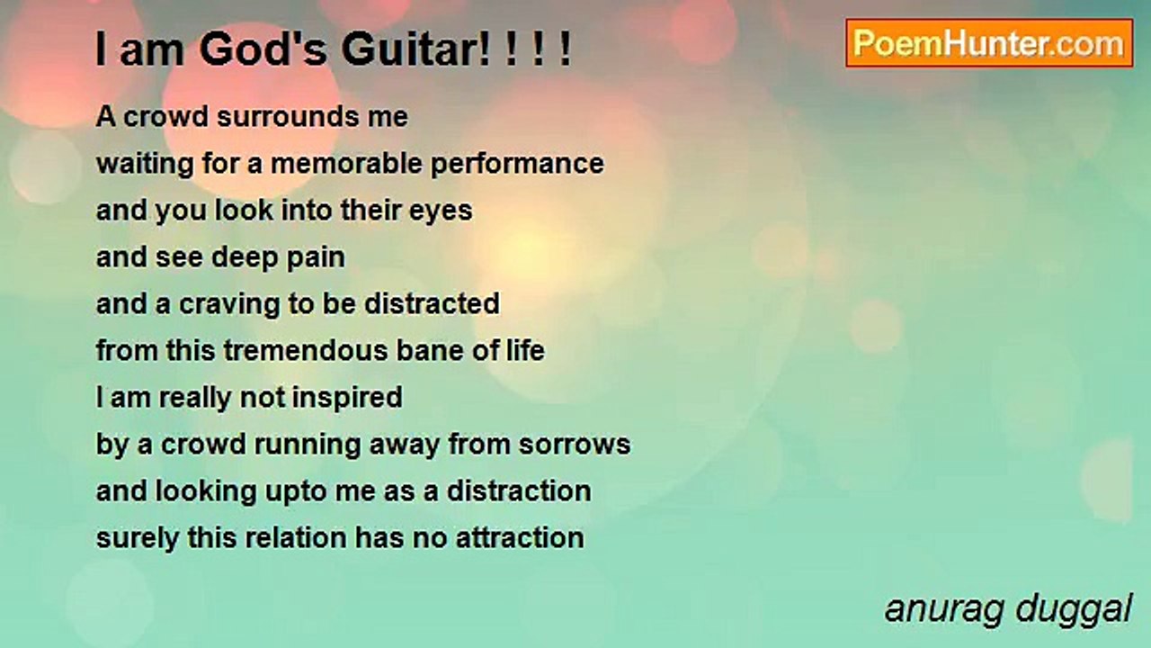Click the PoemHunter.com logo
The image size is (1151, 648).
(x=989, y=43)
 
